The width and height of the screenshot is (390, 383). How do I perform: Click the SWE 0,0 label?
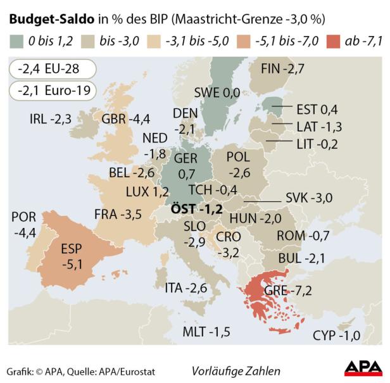217,92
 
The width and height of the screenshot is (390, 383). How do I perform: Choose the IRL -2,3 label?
51,118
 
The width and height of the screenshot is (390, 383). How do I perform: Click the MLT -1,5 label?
207,331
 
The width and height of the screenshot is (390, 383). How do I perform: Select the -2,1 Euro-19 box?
53,91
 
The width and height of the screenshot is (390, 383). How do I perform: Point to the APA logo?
362,369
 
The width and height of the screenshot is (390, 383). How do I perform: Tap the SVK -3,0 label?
309,198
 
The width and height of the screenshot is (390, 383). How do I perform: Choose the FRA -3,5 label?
118,214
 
